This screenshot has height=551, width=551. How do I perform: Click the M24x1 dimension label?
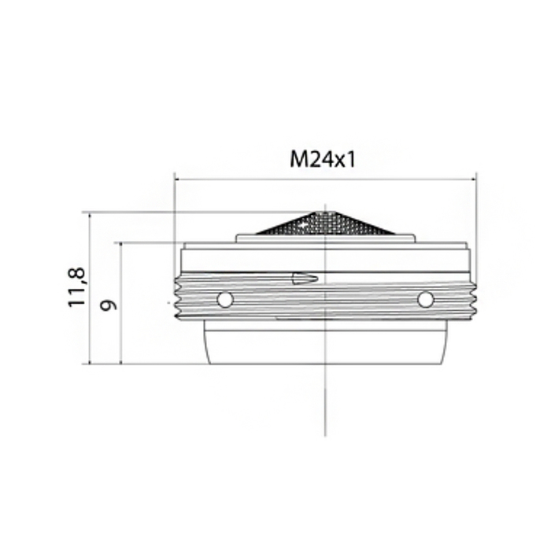[x=322, y=159]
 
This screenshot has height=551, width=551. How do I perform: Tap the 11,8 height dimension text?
[x=77, y=287]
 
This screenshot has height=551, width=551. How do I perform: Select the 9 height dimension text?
[x=109, y=305]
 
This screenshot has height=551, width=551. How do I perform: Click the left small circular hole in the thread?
[x=225, y=300]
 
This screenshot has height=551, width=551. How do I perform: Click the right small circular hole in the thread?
[x=425, y=300]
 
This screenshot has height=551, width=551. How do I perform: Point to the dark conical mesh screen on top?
[x=324, y=223]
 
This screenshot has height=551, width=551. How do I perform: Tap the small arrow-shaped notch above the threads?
[x=305, y=278]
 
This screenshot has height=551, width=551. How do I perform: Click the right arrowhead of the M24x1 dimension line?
[x=473, y=179]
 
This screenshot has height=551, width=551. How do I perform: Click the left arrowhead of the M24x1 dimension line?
[x=179, y=179]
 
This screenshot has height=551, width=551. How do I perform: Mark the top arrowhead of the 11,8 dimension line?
[x=90, y=216]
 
